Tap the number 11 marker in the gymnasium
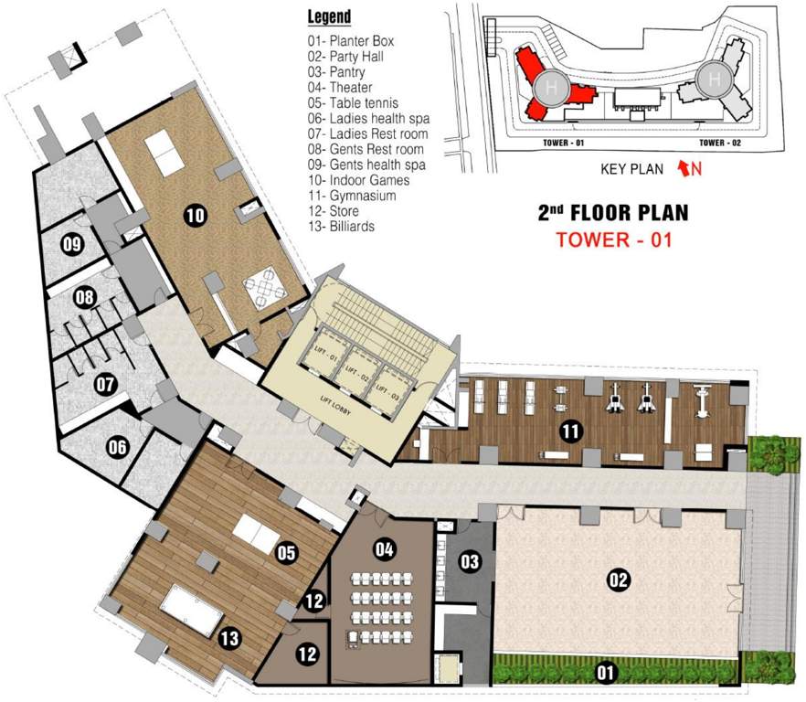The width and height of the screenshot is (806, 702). tap(571, 431)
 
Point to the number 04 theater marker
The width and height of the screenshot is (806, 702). tap(385, 549)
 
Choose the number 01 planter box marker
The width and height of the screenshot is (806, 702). tap(605, 674)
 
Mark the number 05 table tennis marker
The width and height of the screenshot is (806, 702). tap(287, 552)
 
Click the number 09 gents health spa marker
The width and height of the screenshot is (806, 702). tap(72, 243)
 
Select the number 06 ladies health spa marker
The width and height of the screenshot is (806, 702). tap(117, 447)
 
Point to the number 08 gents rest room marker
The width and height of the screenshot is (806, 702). tap(85, 298)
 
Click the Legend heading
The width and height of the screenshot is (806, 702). tap(329, 17)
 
